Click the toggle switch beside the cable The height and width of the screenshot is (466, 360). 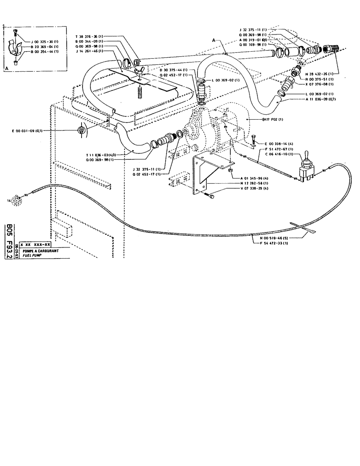pyautogui.click(x=306, y=166)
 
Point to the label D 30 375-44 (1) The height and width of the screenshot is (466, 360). pyautogui.click(x=173, y=69)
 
